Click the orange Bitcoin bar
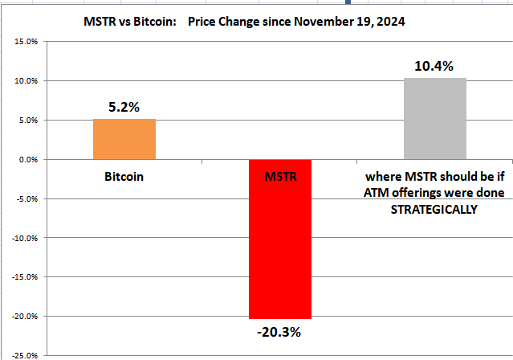(124, 139)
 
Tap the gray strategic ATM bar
(434, 119)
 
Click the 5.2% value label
(124, 105)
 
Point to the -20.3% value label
(279, 332)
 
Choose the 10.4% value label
(434, 64)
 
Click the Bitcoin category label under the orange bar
(124, 175)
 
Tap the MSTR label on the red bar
(279, 175)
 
